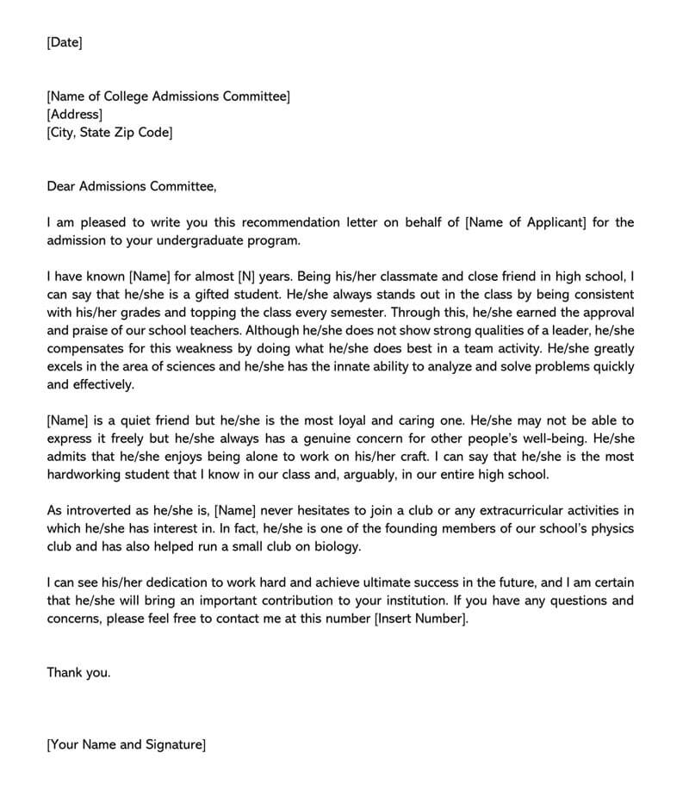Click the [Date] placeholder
(x=65, y=42)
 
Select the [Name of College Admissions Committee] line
(x=168, y=96)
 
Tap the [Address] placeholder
(x=74, y=115)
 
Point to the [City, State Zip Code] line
(x=109, y=133)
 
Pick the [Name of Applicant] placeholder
(x=525, y=222)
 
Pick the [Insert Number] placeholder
(x=422, y=619)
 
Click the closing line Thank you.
(x=78, y=673)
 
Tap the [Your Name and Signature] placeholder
(x=127, y=744)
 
